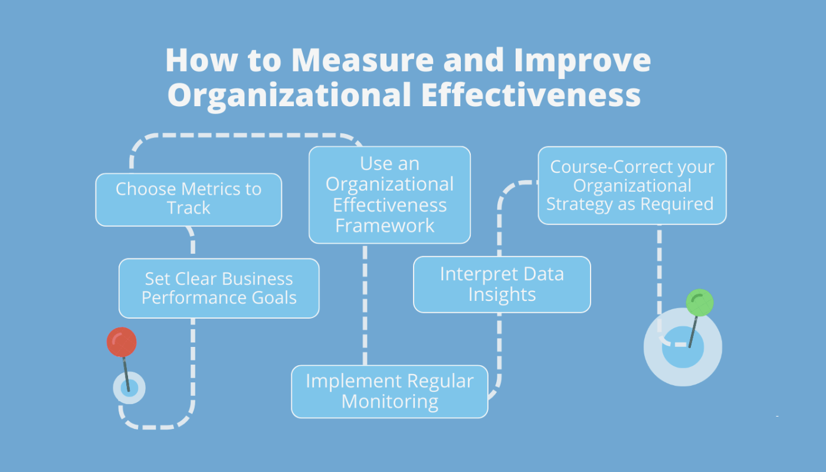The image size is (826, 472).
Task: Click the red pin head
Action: coord(122,342)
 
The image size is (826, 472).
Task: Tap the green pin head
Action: coord(700,303)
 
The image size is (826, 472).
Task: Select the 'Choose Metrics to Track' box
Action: coord(188,199)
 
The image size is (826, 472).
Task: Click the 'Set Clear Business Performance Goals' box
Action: coord(219,289)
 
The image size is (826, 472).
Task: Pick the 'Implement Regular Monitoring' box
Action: coord(390,392)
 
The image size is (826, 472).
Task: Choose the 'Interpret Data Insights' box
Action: coord(502,284)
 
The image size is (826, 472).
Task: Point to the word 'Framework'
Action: coord(385,225)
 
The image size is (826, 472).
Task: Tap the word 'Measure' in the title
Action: coord(362,60)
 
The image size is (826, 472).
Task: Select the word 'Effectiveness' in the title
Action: coord(531,94)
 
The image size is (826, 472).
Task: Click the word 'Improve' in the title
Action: coord(583,62)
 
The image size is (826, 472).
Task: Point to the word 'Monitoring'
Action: coord(390,402)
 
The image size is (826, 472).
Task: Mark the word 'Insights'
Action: coord(502,295)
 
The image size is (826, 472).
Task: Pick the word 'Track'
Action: coord(188,208)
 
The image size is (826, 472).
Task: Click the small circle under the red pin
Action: coord(129,388)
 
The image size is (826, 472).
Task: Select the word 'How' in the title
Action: coord(202,60)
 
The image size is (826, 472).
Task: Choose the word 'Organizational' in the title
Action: coord(290,96)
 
